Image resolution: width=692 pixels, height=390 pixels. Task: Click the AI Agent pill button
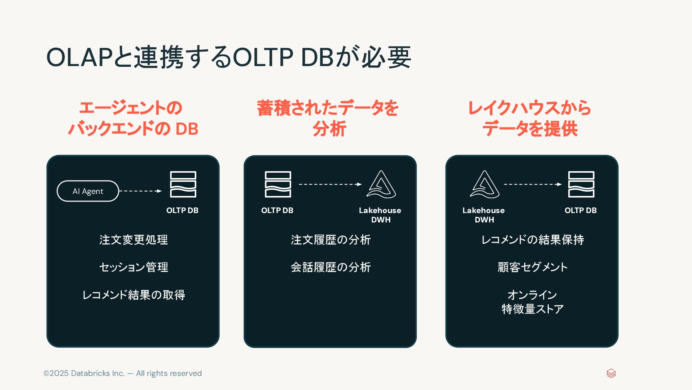[88, 191]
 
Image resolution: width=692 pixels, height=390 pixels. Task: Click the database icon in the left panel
[183, 184]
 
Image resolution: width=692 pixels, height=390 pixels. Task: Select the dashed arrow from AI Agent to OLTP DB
[140, 191]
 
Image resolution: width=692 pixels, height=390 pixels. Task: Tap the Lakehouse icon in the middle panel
[381, 184]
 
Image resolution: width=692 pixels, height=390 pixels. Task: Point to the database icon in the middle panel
[278, 184]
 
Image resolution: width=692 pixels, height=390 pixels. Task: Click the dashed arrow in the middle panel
[330, 184]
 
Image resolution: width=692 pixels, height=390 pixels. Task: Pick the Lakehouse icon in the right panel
[485, 184]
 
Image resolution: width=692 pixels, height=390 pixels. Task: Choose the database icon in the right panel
[581, 184]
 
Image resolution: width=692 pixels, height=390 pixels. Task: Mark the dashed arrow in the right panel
[533, 184]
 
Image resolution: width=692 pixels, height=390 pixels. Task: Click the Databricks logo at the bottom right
[611, 373]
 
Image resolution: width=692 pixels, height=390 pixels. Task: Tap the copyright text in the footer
[122, 373]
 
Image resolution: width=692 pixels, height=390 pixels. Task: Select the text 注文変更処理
[133, 240]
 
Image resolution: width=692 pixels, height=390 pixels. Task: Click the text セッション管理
[133, 267]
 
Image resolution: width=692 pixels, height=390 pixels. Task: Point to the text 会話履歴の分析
[330, 267]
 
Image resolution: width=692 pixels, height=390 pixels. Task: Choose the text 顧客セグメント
[532, 267]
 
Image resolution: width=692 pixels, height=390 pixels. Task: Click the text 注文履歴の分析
[330, 240]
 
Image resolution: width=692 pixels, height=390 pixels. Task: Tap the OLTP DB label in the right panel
[581, 210]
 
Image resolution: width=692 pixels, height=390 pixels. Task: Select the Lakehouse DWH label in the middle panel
[380, 215]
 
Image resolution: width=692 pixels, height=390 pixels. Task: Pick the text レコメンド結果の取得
[133, 295]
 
